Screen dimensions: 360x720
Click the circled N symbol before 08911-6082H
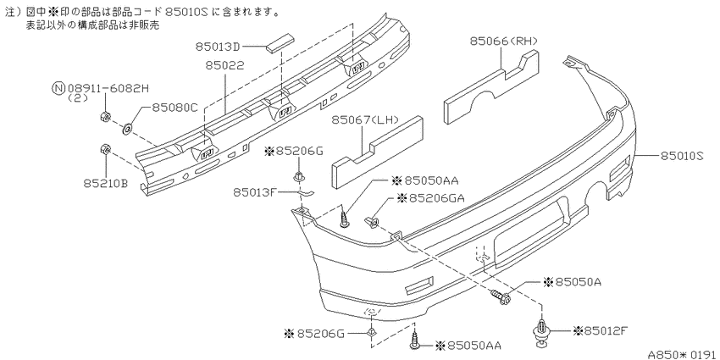click(58, 87)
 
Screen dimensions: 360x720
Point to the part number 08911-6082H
click(108, 87)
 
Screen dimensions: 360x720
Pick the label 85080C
click(175, 108)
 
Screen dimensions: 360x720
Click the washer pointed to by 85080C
click(127, 128)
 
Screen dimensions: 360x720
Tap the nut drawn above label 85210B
click(103, 149)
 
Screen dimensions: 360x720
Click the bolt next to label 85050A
click(499, 296)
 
